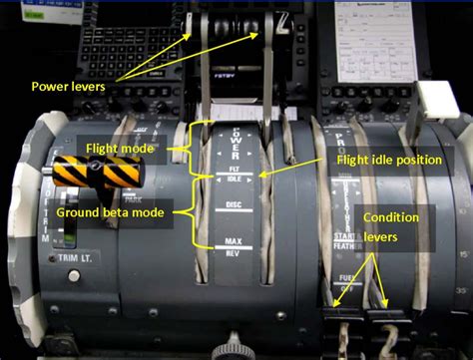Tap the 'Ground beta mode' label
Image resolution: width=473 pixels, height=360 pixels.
pyautogui.click(x=111, y=211)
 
